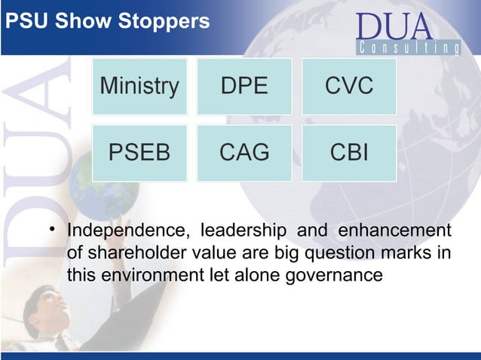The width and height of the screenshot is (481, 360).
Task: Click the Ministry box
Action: click(x=139, y=87)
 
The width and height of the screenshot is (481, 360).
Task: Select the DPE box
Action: click(x=244, y=87)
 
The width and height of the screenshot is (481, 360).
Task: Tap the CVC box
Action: click(x=349, y=87)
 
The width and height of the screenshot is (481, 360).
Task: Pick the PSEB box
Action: click(x=139, y=153)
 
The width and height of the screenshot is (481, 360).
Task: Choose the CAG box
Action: click(x=244, y=153)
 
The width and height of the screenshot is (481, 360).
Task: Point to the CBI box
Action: click(x=349, y=153)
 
